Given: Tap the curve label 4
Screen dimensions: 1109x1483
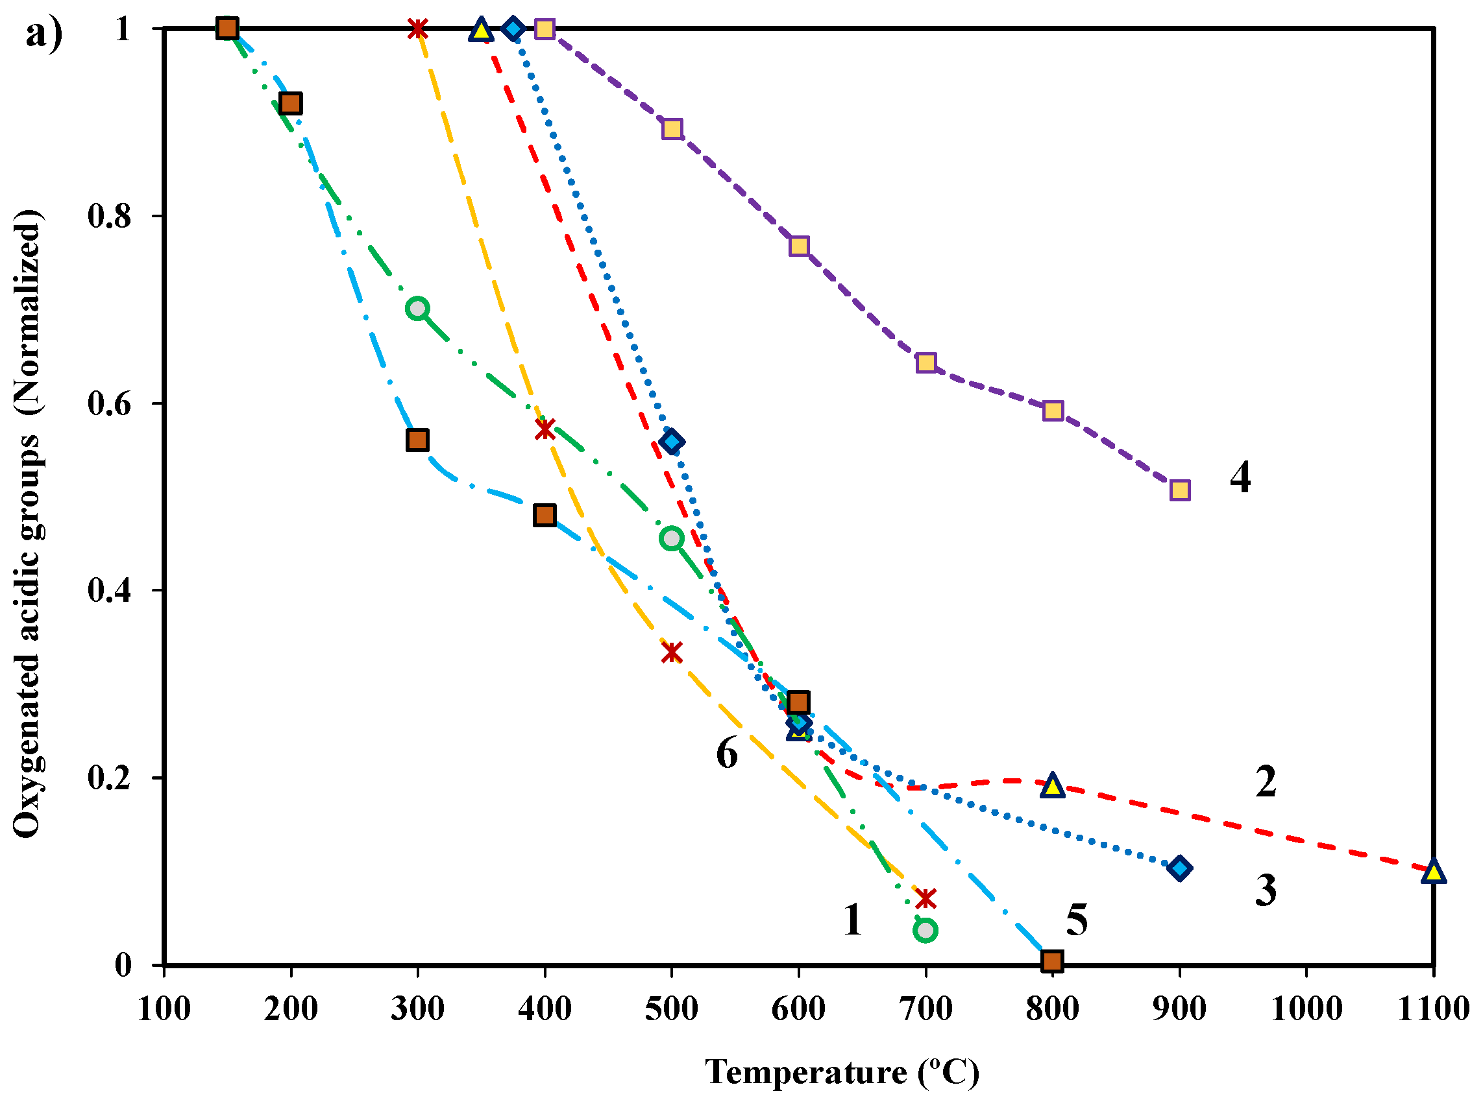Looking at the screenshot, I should (1240, 478).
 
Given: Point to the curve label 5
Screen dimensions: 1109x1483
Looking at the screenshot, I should (1077, 920).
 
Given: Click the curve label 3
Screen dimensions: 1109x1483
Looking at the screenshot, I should (1265, 890).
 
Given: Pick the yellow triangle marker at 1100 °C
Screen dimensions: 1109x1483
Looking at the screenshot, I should (1433, 871).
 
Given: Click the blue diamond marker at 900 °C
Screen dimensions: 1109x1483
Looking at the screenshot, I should (1179, 868).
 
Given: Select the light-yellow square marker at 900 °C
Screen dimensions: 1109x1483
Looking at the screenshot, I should (1180, 490).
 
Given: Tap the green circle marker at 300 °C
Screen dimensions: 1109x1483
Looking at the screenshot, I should (418, 308).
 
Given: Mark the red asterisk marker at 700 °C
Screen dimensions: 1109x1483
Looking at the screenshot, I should (925, 898).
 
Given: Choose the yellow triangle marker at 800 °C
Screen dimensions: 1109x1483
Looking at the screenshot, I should (1053, 785).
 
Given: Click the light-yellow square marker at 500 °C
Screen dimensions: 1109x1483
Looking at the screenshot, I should (672, 128).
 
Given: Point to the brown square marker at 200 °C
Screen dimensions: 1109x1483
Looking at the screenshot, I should (291, 104).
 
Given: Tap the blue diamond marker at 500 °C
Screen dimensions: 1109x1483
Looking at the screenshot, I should (671, 442).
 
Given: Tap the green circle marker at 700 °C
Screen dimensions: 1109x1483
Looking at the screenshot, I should (925, 930).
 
